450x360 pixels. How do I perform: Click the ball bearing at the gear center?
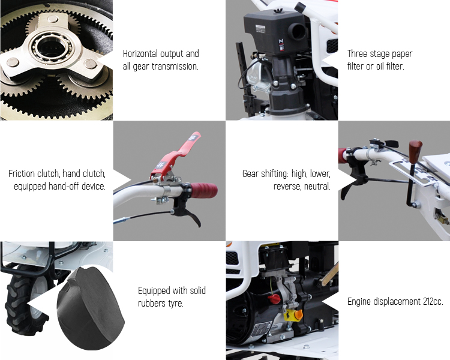[x=52, y=47]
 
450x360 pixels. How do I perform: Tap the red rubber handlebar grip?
[x=203, y=190]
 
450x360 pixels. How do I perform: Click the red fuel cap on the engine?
[x=274, y=299]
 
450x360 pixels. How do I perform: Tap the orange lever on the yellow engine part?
[x=298, y=314]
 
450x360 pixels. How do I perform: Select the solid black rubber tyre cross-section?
[x=90, y=308]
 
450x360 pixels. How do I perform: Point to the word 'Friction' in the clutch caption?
[x=22, y=173]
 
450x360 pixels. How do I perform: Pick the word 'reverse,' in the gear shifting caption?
[x=287, y=187]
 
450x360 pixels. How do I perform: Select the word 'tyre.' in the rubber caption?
[x=176, y=304]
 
